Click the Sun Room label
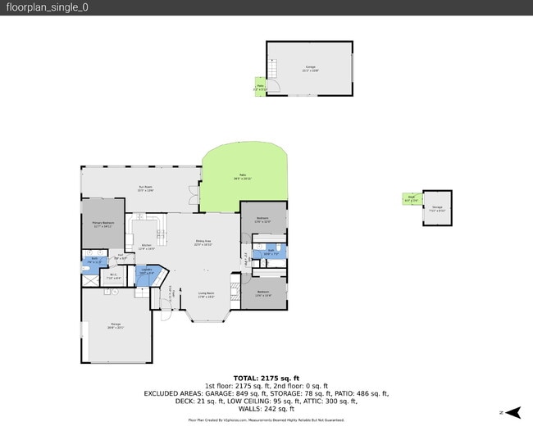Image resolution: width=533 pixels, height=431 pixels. click(146, 188)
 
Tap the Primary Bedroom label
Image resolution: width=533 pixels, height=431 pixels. click(102, 224)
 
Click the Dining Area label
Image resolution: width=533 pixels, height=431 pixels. click(203, 243)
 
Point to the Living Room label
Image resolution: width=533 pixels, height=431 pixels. click(206, 294)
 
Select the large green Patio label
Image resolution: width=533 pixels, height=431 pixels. click(244, 176)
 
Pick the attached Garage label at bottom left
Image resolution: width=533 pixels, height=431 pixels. click(116, 326)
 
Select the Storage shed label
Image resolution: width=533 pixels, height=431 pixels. click(437, 208)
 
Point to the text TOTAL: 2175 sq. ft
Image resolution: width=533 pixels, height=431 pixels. click(266, 379)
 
